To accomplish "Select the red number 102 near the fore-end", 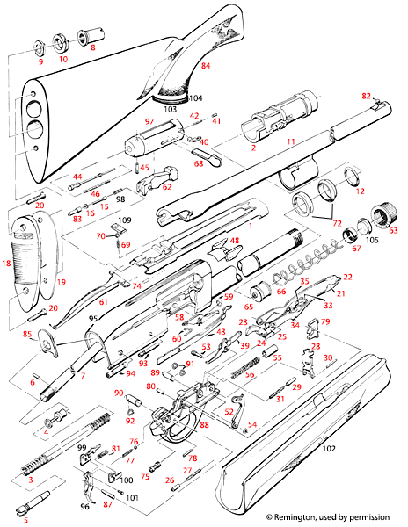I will tap(331, 449).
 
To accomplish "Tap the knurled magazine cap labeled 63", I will tap(382, 215).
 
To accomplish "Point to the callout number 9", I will tap(40, 62).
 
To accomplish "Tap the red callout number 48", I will tap(235, 241).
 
